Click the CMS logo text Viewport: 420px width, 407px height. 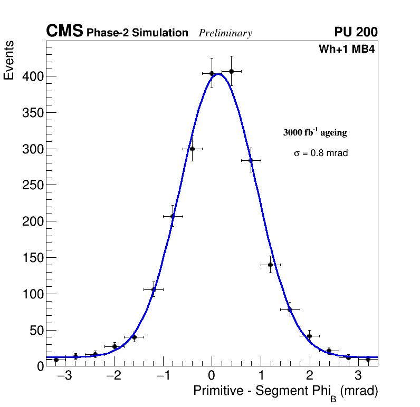[64, 32]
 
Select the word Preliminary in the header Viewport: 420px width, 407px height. [225, 33]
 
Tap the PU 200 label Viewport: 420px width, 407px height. [356, 32]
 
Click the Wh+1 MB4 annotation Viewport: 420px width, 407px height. [347, 50]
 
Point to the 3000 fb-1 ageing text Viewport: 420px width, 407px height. [315, 132]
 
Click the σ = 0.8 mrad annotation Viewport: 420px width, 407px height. [321, 153]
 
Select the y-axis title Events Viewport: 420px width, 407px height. [9, 61]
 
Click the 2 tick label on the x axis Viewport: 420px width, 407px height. [309, 376]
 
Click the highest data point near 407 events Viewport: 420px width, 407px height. [231, 71]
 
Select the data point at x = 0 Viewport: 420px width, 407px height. [212, 74]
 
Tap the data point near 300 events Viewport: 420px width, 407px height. [192, 149]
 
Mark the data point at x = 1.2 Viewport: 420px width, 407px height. [270, 265]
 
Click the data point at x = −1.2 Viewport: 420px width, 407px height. [154, 289]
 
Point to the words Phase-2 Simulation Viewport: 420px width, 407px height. [137, 33]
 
